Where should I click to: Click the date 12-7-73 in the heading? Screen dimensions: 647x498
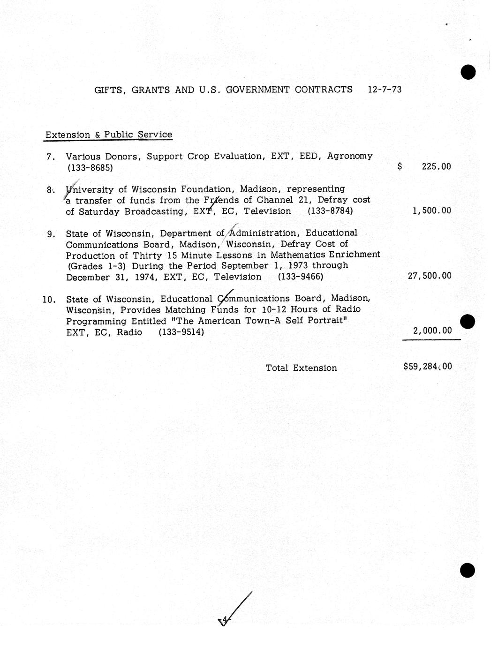[385, 90]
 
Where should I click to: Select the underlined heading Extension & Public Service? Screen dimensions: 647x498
[109, 135]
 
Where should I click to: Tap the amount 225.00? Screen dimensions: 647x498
[436, 166]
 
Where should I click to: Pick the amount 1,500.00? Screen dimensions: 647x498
[431, 211]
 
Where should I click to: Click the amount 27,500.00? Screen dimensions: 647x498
[430, 276]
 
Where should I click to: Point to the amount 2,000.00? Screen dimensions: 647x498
[432, 331]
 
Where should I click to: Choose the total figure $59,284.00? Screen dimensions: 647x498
[428, 366]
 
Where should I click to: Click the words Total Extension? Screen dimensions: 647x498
[301, 368]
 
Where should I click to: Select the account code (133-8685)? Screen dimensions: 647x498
[90, 167]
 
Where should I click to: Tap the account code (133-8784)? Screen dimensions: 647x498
[330, 211]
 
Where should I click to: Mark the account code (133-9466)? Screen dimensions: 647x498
[301, 277]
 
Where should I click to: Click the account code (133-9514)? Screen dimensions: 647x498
[181, 332]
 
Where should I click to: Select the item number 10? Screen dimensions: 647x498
[49, 299]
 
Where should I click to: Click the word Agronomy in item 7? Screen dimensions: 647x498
[350, 156]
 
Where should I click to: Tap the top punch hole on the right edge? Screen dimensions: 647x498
[468, 72]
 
